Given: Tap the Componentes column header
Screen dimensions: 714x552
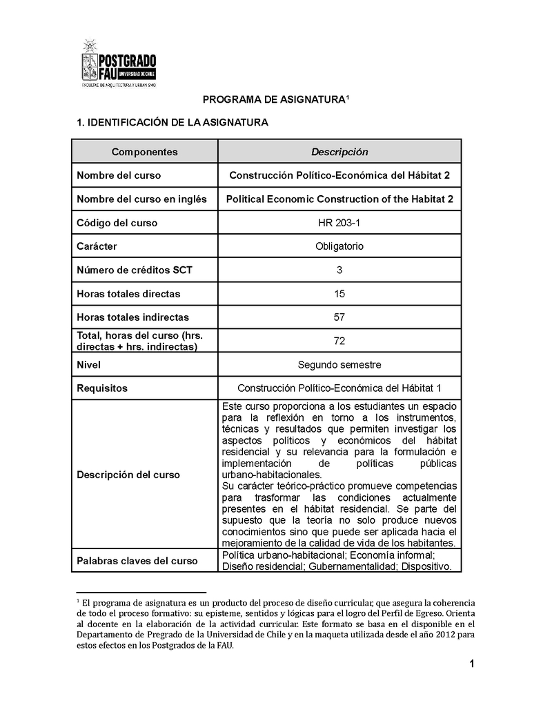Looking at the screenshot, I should (x=145, y=152).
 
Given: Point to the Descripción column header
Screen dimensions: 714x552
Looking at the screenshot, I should (x=339, y=152).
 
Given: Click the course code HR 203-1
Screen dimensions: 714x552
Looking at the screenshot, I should (x=339, y=223).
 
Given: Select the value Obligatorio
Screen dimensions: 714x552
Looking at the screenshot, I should (x=339, y=246).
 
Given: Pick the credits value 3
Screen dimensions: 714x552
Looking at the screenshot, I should (x=339, y=270).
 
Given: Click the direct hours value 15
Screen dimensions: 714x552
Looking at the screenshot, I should (x=339, y=294).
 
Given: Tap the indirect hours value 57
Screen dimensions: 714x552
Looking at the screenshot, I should (x=339, y=317).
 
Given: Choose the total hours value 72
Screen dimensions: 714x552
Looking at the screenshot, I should (x=339, y=341).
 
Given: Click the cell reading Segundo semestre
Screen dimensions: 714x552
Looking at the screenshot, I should (x=339, y=364).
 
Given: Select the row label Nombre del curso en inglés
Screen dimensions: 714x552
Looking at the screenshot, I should (x=141, y=199).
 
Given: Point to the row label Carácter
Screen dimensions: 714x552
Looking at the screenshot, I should (x=97, y=246).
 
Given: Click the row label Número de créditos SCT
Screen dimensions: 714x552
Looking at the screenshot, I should (x=135, y=270).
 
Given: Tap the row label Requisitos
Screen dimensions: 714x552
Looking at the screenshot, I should (x=102, y=388).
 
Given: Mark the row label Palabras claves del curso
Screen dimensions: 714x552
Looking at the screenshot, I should (x=137, y=561).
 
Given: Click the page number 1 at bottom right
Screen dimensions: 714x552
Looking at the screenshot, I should (x=471, y=664).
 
